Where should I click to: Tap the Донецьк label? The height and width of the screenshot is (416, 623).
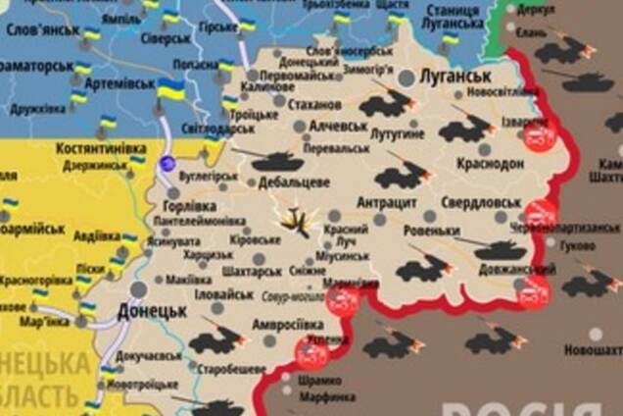coord(152,311)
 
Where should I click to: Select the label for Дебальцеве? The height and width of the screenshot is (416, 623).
coord(292,182)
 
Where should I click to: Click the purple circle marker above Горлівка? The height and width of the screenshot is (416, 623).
coord(168,163)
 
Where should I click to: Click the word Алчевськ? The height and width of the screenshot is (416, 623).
coord(338,127)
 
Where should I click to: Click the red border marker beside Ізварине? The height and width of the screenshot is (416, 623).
coord(538,137)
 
